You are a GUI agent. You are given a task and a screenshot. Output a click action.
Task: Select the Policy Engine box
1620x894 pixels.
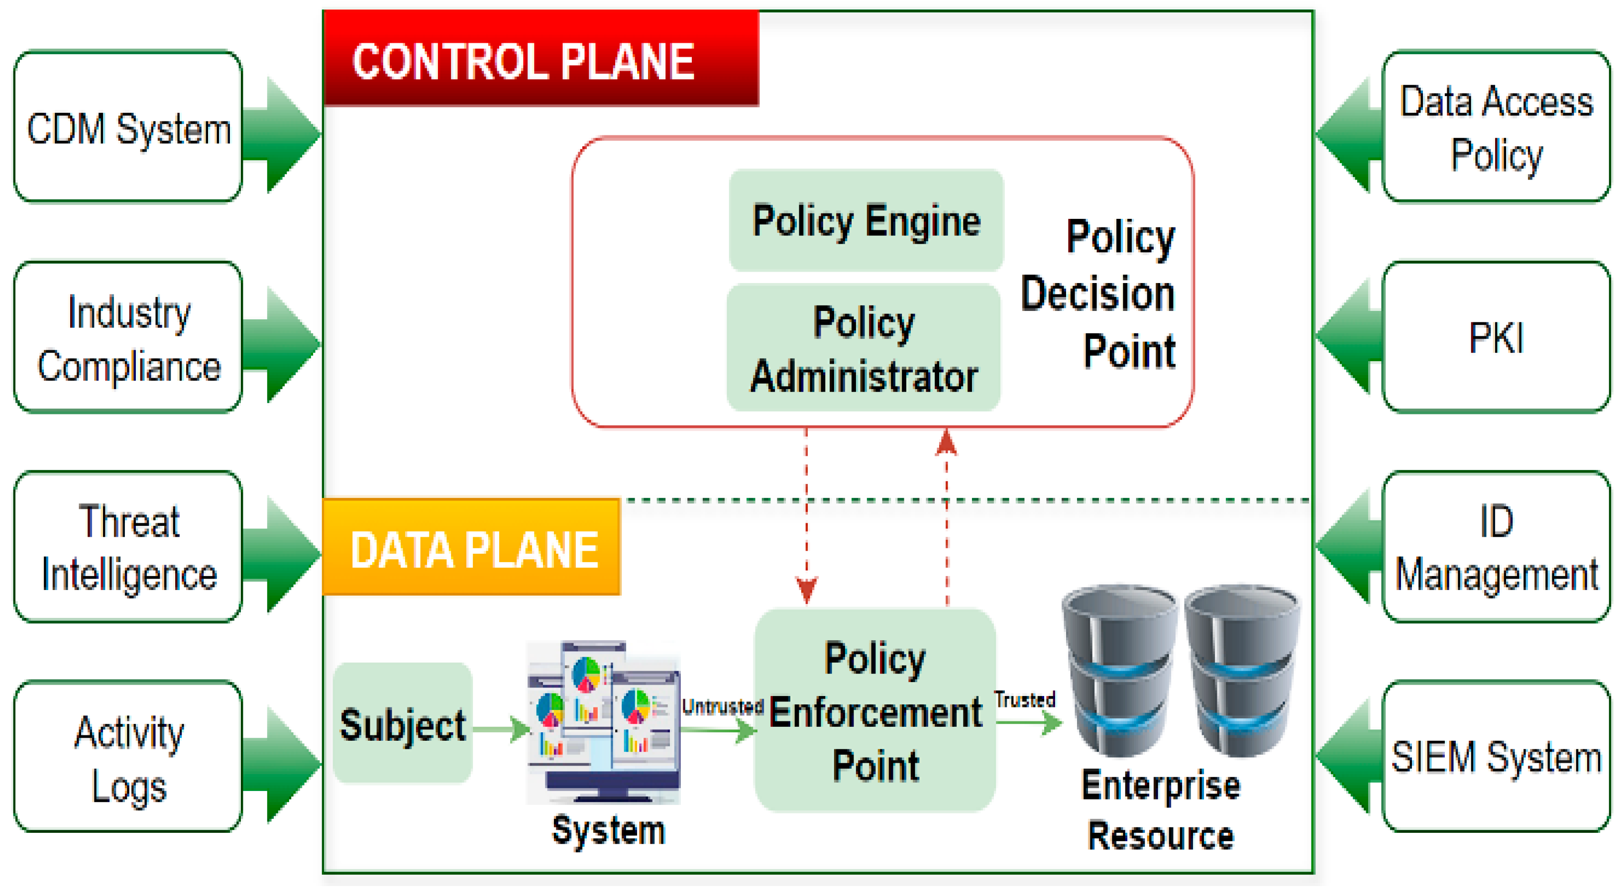click(x=866, y=220)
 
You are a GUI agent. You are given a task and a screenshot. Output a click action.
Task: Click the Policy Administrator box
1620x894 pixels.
click(x=864, y=348)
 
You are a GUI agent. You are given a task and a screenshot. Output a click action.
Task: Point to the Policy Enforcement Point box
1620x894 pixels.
click(x=875, y=710)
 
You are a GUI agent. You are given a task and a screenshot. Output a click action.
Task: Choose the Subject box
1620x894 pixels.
click(x=403, y=723)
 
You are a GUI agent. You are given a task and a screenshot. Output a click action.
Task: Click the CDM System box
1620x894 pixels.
click(x=128, y=128)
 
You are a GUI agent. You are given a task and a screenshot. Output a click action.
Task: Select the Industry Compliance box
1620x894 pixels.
click(x=128, y=338)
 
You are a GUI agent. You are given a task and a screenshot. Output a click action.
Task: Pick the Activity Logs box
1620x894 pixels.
click(x=128, y=758)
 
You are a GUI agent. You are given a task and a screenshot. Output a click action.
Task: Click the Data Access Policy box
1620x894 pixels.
click(x=1496, y=128)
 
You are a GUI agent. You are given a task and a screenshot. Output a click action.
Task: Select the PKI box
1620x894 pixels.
click(x=1496, y=338)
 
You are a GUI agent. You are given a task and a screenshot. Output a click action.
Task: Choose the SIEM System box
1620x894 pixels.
click(x=1496, y=758)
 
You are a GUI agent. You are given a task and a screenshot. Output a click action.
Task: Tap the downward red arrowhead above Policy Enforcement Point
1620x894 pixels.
click(x=807, y=590)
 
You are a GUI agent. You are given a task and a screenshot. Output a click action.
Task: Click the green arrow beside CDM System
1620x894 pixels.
click(x=283, y=134)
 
